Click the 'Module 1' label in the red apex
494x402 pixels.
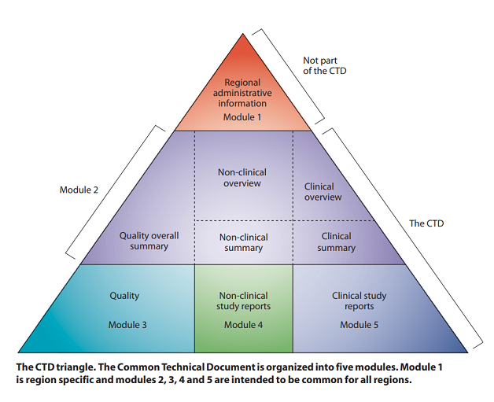pos(242,117)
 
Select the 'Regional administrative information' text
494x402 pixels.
pos(242,93)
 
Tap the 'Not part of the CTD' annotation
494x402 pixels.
pos(324,65)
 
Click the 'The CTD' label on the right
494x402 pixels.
pos(426,223)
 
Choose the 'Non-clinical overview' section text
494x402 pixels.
pos(243,177)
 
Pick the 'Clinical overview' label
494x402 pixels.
pos(323,192)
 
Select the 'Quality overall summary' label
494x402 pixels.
pos(149,241)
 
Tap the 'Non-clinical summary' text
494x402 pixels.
pos(243,242)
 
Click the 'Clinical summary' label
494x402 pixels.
pos(337,242)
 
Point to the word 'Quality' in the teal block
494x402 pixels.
pos(124,296)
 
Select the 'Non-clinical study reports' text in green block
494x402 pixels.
pos(243,301)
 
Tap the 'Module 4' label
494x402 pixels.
pos(243,324)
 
